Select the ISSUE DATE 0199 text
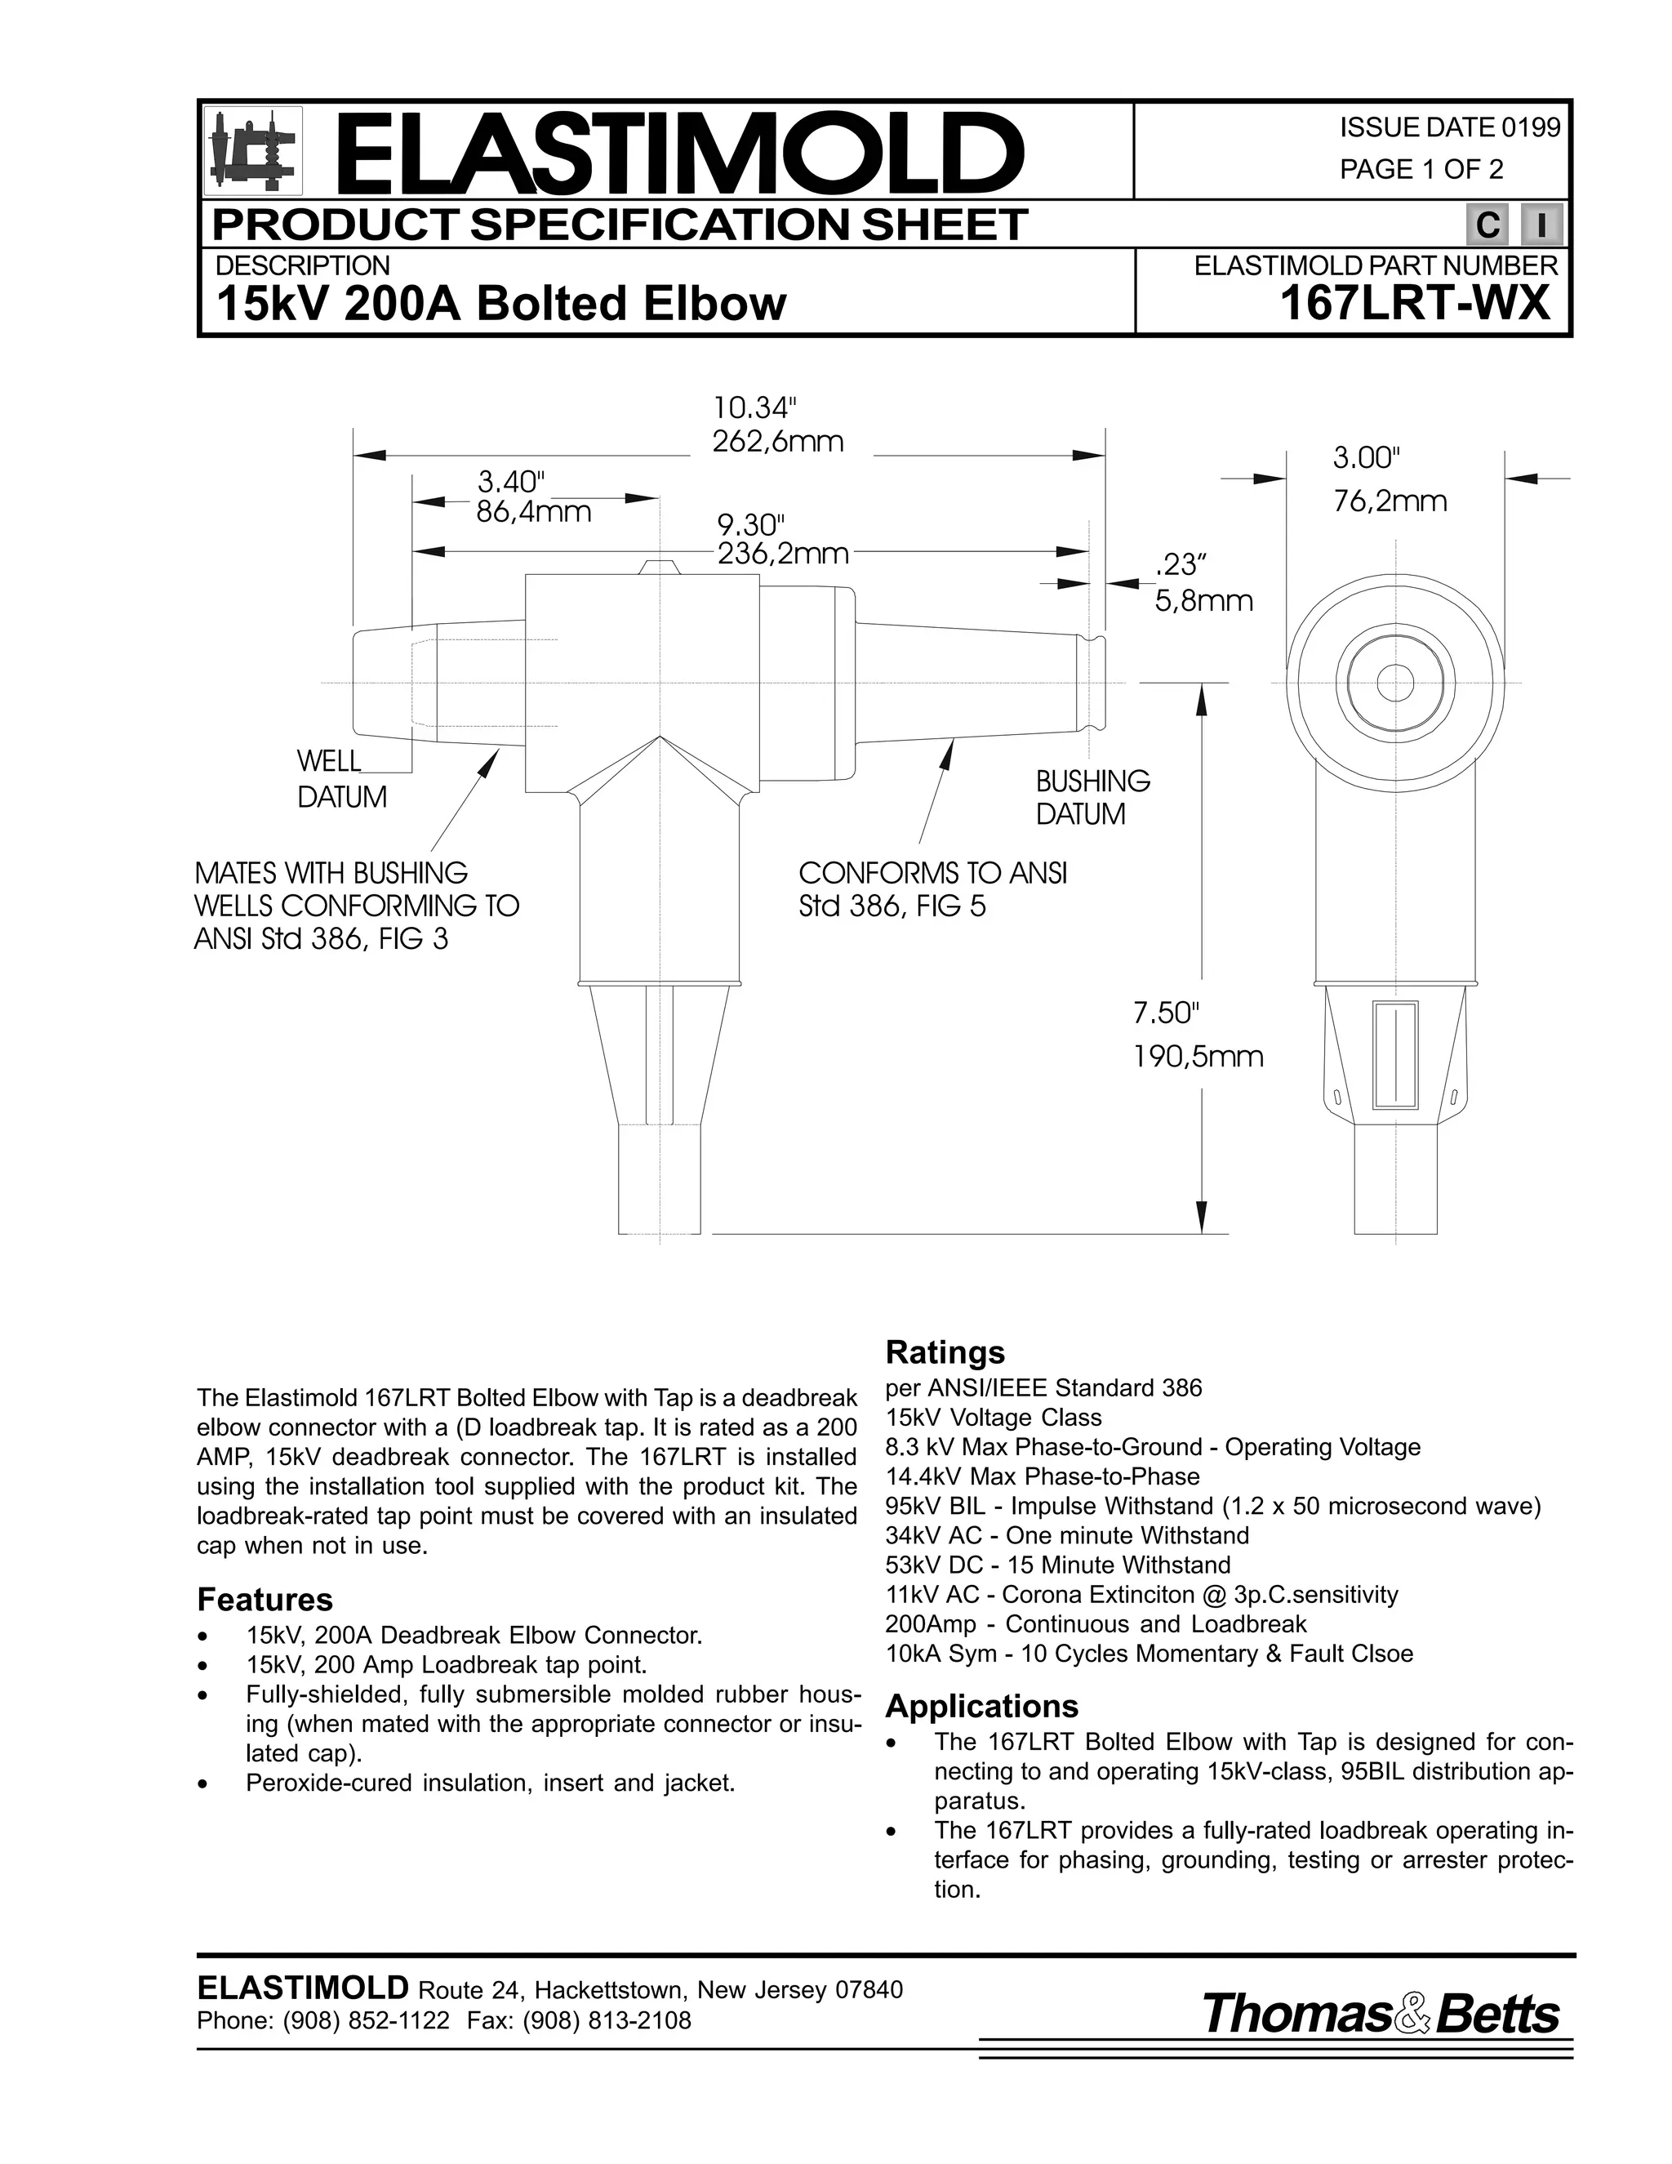coord(1449,128)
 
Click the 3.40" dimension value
coord(512,483)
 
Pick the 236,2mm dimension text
coord(782,554)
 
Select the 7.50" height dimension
coord(1166,1013)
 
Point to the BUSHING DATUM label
coord(1092,798)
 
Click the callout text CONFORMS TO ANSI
coord(932,874)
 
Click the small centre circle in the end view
coord(1395,683)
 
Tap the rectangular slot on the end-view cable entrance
coord(1394,1054)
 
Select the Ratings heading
coord(944,1352)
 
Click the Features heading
coord(265,1599)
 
